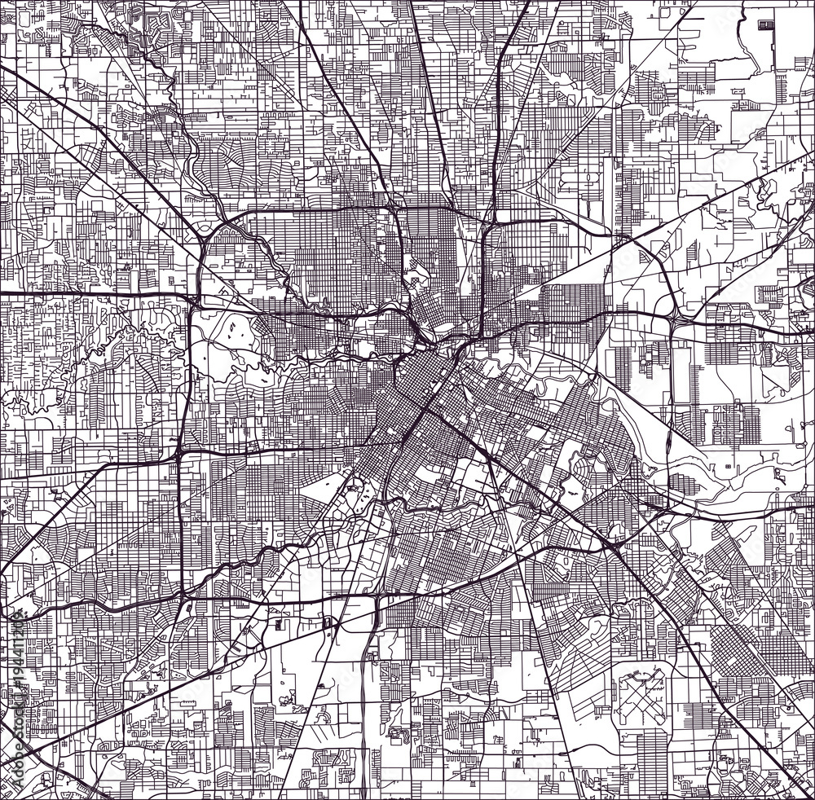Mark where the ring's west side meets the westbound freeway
click(x=192, y=297)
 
